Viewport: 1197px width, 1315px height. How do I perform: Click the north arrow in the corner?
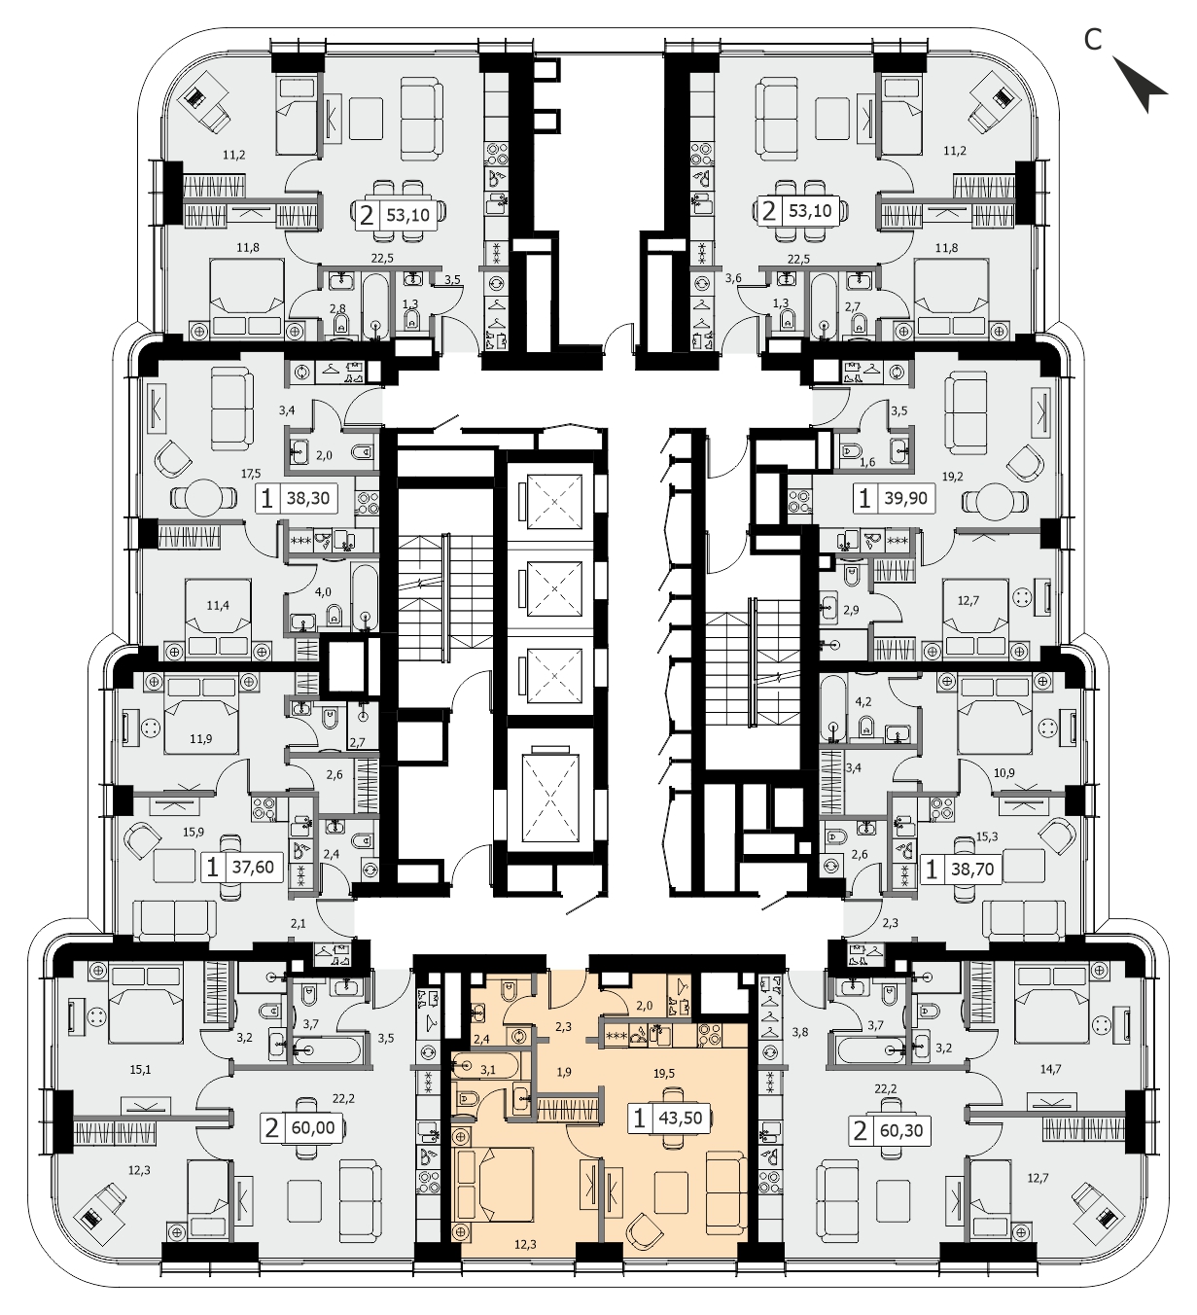[1140, 85]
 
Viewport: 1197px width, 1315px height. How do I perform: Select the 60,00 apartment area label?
[313, 1128]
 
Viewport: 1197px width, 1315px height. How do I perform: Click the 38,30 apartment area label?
[308, 499]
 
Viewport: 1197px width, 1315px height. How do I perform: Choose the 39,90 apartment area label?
[906, 498]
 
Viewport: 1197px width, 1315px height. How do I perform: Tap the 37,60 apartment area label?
[253, 868]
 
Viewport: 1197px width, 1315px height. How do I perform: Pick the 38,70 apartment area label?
[972, 870]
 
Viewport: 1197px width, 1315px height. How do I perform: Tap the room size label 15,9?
[194, 833]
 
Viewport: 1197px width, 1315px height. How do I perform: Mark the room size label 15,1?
[140, 1070]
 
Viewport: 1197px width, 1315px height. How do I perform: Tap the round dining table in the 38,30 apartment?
[204, 498]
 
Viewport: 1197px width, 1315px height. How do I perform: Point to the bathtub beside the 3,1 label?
[486, 1069]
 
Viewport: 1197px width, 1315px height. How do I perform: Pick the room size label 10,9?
[1003, 773]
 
